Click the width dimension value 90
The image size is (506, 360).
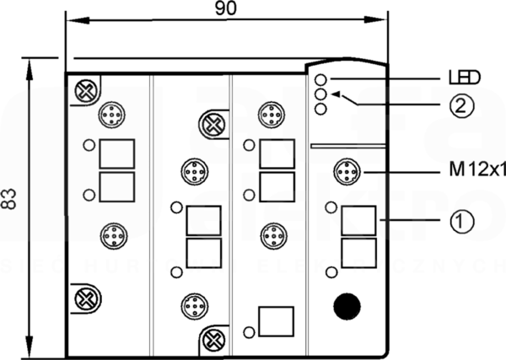225,8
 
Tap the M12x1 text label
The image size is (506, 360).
477,170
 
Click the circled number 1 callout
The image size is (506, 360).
462,221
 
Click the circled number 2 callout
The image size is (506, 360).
462,105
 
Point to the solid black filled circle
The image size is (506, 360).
347,306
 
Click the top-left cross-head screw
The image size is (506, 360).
85,91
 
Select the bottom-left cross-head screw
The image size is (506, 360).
85,299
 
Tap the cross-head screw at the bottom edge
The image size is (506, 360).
213,340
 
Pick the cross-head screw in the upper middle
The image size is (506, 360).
212,125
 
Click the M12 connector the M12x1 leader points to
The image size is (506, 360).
347,171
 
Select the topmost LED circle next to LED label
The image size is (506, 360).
320,79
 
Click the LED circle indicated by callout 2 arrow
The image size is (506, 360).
320,94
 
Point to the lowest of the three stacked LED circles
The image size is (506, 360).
320,109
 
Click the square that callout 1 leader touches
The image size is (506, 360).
359,221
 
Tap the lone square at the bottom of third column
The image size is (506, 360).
277,321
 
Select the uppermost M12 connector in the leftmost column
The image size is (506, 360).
112,115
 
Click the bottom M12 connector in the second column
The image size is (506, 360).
195,306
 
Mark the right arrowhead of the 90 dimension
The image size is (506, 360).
375,20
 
